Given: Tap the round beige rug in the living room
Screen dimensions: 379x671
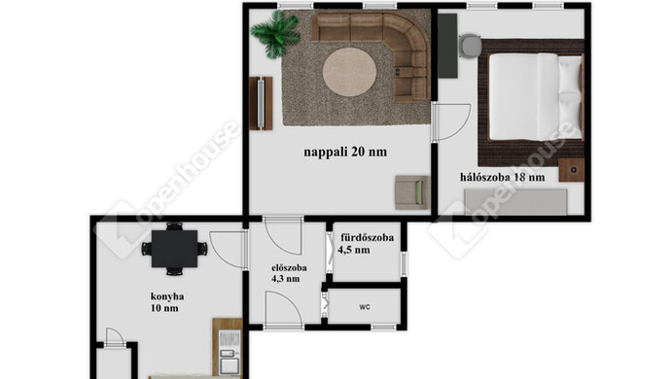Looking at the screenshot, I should [x=349, y=72].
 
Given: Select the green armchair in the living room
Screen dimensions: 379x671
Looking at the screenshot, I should [x=409, y=192].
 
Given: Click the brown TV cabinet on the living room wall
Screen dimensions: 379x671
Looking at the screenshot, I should [x=259, y=103].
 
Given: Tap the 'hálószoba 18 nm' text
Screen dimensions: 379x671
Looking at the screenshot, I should [x=502, y=178].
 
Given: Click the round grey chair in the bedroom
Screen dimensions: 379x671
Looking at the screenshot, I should [x=470, y=46].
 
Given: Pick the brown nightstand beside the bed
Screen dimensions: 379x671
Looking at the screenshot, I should [x=571, y=170].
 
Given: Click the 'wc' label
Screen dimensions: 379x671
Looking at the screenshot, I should [x=365, y=307].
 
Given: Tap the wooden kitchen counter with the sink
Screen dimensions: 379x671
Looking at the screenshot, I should [x=228, y=347].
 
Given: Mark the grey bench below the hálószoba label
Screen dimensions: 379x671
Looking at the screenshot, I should [x=515, y=201].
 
